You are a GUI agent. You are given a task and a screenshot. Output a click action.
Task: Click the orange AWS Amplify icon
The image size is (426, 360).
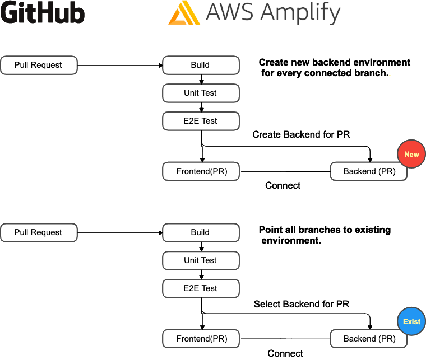click(184, 13)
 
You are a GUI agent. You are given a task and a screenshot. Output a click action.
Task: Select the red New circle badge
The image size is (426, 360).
click(411, 154)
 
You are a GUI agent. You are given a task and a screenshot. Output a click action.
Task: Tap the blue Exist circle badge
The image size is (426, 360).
click(411, 321)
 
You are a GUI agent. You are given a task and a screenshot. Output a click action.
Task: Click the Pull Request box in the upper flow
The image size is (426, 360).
click(39, 65)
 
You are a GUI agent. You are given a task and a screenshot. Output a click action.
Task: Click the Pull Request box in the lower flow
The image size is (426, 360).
click(39, 232)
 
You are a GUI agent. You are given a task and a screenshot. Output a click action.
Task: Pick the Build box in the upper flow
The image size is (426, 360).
click(201, 65)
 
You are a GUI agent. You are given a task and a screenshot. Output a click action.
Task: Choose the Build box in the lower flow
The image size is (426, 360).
click(201, 232)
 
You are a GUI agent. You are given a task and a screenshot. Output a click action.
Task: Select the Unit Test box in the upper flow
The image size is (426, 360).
click(201, 93)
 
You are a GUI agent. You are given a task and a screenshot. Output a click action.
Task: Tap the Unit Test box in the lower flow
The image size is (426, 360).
click(201, 260)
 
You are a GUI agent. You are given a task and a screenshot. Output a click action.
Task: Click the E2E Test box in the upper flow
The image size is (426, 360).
click(201, 121)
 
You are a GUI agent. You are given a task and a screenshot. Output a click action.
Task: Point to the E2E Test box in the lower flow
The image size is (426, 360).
click(201, 288)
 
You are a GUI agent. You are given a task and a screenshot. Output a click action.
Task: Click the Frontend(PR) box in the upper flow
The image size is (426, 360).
click(201, 171)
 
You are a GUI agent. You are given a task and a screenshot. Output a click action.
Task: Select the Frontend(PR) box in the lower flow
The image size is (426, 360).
click(201, 339)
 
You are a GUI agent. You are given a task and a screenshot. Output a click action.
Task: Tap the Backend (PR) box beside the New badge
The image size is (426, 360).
click(369, 171)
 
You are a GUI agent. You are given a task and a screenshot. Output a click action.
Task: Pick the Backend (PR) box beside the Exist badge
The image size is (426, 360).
click(369, 339)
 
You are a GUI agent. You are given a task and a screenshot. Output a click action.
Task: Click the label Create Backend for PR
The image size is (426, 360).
click(301, 134)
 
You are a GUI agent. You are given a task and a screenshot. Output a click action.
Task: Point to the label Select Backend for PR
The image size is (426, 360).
click(301, 304)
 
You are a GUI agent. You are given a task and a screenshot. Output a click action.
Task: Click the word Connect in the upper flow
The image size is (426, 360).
click(283, 185)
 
